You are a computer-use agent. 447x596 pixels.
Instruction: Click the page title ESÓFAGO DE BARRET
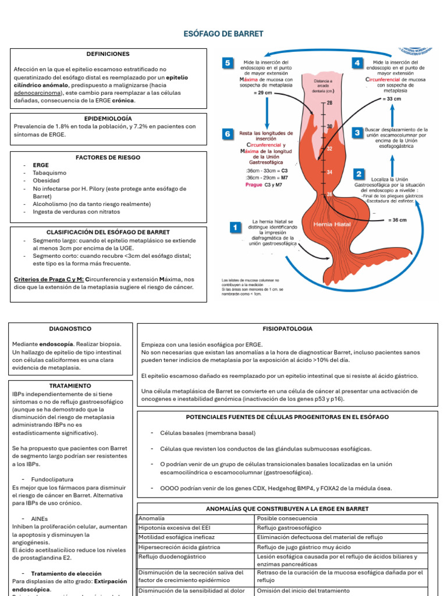pos(223,34)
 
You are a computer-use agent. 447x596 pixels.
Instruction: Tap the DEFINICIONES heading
pos(108,54)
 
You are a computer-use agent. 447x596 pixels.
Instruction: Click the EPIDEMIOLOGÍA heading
pos(108,118)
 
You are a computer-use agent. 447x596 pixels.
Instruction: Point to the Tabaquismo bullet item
pos(49,173)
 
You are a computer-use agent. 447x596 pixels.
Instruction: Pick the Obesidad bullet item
pos(46,180)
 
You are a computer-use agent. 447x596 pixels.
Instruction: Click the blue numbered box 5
pos(227,63)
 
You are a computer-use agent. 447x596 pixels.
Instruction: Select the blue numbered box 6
pos(227,134)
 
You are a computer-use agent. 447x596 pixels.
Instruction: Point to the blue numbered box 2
pos(359,174)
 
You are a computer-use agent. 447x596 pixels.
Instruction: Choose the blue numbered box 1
pos(235,228)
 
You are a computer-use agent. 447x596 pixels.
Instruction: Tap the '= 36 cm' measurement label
pos(397,221)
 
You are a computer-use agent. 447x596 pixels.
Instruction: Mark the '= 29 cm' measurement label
pos(263,93)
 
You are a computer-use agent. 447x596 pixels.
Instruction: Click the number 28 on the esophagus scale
pos(329,103)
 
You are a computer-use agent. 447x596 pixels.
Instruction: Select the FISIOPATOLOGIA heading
pos(287,329)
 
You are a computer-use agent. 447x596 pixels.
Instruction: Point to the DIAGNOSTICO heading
pos(66,329)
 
